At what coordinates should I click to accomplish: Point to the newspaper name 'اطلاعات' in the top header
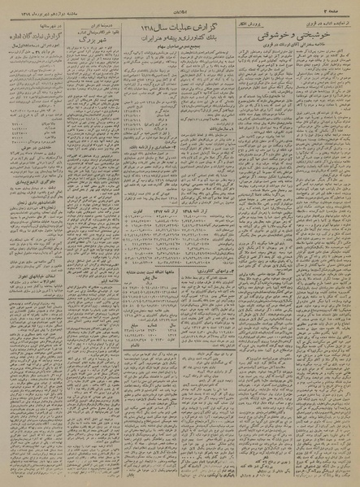click(x=180, y=7)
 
